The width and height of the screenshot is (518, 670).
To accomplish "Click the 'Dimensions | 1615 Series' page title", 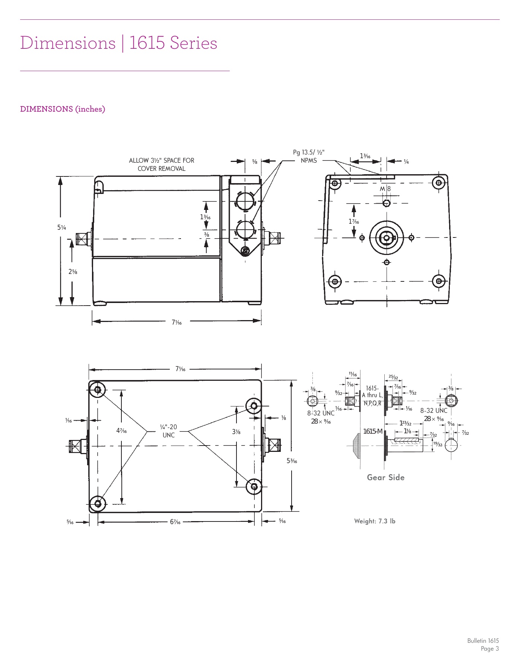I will click(x=118, y=43).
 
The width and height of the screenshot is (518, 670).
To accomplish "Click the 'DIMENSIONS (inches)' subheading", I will click(x=63, y=109).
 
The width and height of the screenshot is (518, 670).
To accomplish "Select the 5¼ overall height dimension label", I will click(x=61, y=227).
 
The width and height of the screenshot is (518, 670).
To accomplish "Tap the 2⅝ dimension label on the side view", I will click(x=73, y=272).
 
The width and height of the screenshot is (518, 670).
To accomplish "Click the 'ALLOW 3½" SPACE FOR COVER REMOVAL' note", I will click(x=162, y=165).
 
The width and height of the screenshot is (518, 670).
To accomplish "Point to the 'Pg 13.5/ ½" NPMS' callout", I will click(x=309, y=156).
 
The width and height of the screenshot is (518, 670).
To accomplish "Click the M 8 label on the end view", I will click(x=385, y=189).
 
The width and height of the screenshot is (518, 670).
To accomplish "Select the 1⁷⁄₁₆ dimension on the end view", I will click(x=354, y=222).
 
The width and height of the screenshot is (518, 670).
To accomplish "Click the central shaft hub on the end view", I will click(x=387, y=237).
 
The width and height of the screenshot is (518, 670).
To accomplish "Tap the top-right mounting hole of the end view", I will click(x=439, y=182).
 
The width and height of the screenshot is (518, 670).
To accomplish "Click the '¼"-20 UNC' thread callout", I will click(x=168, y=431).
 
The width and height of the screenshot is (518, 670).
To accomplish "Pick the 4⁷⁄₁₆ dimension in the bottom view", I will click(x=121, y=431).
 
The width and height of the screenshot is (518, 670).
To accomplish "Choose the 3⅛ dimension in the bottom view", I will click(x=236, y=432).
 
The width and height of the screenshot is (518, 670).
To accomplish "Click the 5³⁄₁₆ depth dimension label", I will click(x=292, y=461).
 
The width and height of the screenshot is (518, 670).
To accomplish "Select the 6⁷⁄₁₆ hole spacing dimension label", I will click(x=175, y=522).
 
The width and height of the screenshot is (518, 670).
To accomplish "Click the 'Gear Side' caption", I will click(x=385, y=478).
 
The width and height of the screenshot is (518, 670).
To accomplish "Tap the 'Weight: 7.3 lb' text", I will click(x=375, y=521).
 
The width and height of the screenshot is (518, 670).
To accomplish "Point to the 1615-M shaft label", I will click(x=373, y=431).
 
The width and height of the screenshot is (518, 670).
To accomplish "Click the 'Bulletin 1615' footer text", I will click(x=483, y=641).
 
